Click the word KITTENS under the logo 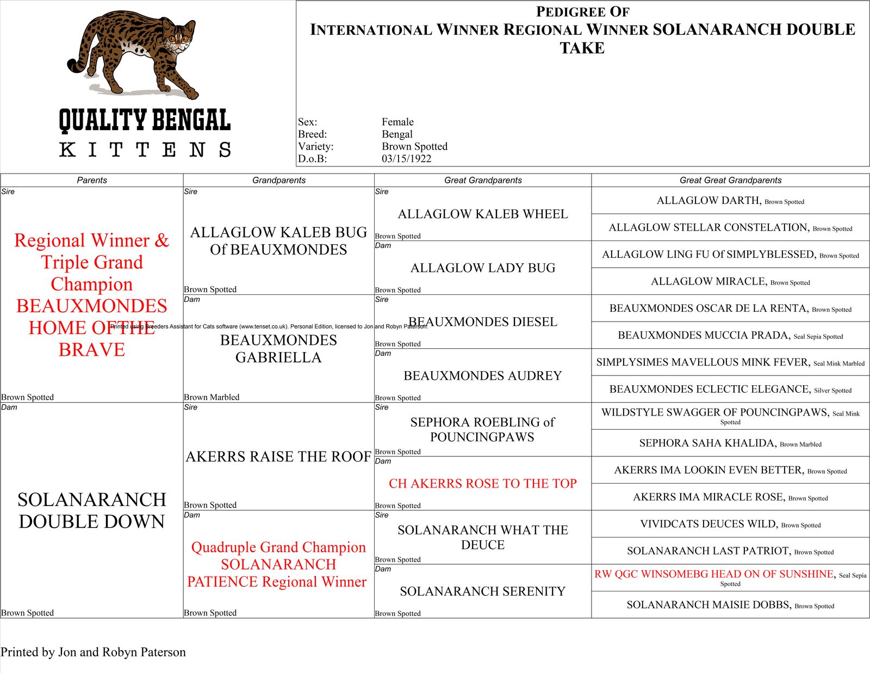(x=145, y=150)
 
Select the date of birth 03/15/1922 (x=406, y=159)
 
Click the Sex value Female (x=397, y=122)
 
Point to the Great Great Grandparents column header (x=730, y=180)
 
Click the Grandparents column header (x=278, y=180)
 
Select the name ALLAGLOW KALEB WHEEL (x=483, y=214)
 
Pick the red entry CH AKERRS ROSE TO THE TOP (x=483, y=484)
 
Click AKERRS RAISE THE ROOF (x=278, y=457)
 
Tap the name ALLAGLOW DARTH (x=708, y=201)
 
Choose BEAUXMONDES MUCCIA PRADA (x=704, y=336)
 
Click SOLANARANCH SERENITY (x=483, y=591)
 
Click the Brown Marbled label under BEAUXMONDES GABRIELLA (x=212, y=397)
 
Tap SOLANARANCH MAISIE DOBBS (x=709, y=605)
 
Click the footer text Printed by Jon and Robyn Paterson (x=93, y=652)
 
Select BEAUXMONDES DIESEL (x=483, y=322)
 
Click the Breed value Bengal (x=397, y=134)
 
